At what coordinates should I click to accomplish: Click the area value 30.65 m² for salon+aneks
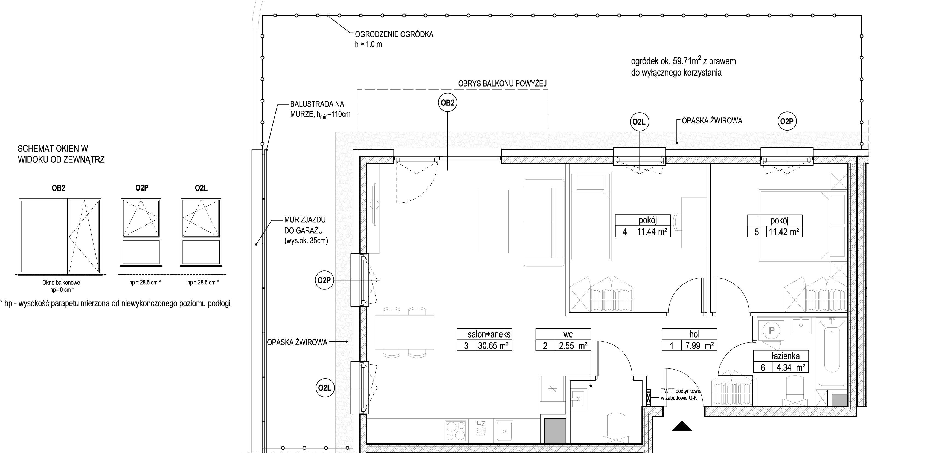(x=493, y=345)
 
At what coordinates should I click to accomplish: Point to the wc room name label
(x=568, y=334)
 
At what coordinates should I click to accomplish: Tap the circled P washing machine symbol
(x=771, y=330)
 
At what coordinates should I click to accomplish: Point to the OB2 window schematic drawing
(x=60, y=236)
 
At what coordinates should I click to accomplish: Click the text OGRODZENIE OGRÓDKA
(x=394, y=35)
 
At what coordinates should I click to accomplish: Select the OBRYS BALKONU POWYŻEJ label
(x=502, y=83)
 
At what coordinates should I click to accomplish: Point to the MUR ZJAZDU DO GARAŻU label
(x=306, y=230)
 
